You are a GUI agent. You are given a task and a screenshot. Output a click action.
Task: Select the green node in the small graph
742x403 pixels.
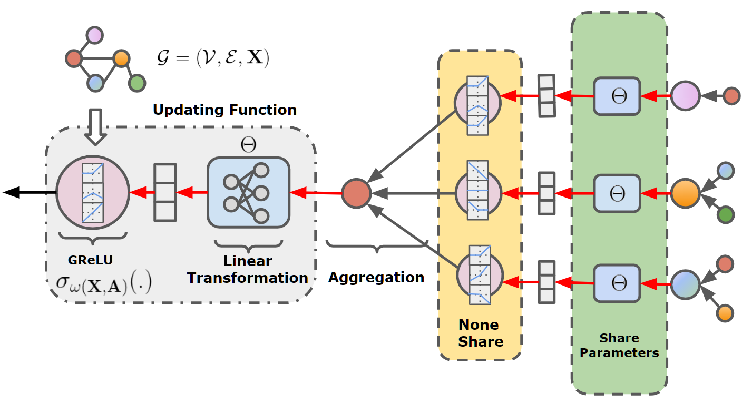coord(136,83)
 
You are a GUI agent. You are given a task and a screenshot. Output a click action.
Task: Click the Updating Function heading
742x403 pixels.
coord(224,110)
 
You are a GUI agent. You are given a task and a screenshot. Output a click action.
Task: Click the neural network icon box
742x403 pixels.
coord(248,192)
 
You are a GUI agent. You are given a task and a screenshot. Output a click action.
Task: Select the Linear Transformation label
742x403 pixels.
coord(248,269)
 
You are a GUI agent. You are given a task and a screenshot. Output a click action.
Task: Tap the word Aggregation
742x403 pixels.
coord(376,278)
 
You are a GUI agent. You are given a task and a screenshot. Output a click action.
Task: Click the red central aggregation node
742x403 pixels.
coord(356,193)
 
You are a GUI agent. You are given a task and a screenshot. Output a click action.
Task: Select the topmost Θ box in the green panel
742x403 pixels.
coord(617,96)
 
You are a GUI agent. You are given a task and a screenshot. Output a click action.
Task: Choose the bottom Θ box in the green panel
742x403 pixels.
coord(617,284)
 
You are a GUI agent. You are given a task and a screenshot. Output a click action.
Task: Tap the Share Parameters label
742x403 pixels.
coord(619,346)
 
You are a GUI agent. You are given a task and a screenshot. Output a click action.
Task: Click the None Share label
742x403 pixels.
coord(480,333)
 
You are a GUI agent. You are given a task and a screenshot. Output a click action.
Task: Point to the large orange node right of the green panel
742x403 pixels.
coord(685,193)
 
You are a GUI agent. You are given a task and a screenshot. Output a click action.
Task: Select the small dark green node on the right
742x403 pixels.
coord(726,214)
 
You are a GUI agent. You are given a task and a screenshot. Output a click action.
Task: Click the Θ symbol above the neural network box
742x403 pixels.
coord(248,146)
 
